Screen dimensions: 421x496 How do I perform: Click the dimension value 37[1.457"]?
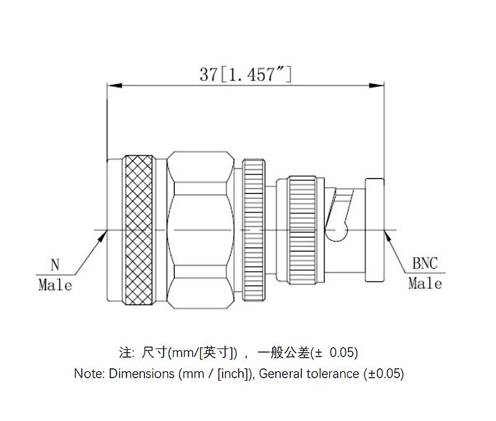(246, 74)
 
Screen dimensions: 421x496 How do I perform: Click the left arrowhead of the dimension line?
(112, 86)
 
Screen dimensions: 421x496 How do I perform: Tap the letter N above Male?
(55, 265)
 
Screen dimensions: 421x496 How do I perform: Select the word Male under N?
(55, 285)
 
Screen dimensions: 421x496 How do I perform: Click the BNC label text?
(425, 264)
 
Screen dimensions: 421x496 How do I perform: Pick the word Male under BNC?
(425, 283)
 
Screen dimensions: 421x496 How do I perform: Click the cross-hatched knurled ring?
(138, 229)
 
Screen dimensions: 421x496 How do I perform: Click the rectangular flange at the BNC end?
(374, 229)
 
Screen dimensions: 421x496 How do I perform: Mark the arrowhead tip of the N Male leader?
(106, 231)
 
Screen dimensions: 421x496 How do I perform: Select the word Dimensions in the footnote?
(142, 374)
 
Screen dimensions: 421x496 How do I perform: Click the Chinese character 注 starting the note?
(125, 353)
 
